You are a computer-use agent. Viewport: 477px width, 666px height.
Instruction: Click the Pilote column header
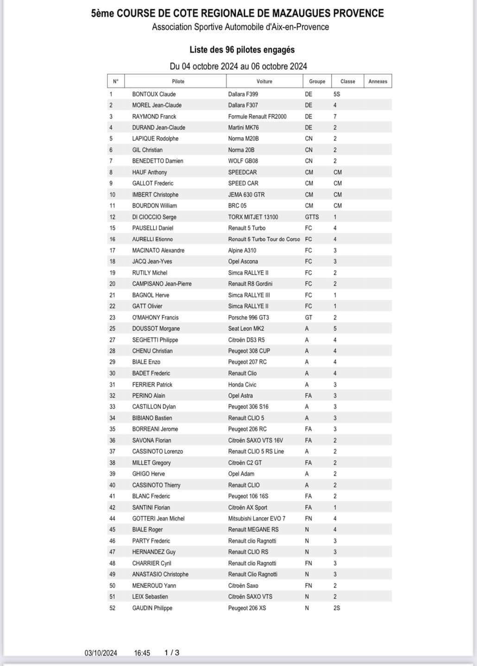click(x=178, y=81)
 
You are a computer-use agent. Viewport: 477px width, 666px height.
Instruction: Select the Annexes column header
click(x=377, y=81)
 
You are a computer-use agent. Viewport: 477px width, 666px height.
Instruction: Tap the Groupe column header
click(x=317, y=81)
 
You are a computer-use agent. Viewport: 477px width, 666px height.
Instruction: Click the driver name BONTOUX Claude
click(x=154, y=94)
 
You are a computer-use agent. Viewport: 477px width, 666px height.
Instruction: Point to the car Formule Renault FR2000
click(x=257, y=117)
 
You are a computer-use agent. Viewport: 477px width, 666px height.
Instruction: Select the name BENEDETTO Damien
click(x=157, y=161)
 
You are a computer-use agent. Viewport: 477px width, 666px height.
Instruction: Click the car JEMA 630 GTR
click(x=246, y=195)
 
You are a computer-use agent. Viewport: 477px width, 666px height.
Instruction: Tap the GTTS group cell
click(x=312, y=217)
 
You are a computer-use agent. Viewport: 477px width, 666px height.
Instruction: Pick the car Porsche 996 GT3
click(x=248, y=318)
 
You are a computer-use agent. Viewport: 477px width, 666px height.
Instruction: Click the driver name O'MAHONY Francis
click(x=155, y=318)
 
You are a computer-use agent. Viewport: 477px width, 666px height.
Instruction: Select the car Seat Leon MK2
click(x=246, y=329)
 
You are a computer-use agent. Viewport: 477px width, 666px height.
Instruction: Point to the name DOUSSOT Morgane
click(x=156, y=329)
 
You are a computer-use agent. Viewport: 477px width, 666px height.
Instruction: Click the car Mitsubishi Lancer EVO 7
click(x=257, y=518)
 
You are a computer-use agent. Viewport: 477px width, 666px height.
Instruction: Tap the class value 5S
click(x=337, y=94)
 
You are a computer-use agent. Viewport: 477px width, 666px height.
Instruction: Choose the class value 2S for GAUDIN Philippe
click(x=337, y=608)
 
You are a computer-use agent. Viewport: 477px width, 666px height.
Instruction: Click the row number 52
click(x=112, y=608)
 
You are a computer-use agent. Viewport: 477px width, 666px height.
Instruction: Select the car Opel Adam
click(x=241, y=474)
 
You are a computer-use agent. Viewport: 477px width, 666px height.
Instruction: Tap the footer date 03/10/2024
click(x=100, y=653)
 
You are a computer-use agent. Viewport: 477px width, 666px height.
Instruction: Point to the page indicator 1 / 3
click(x=172, y=653)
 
